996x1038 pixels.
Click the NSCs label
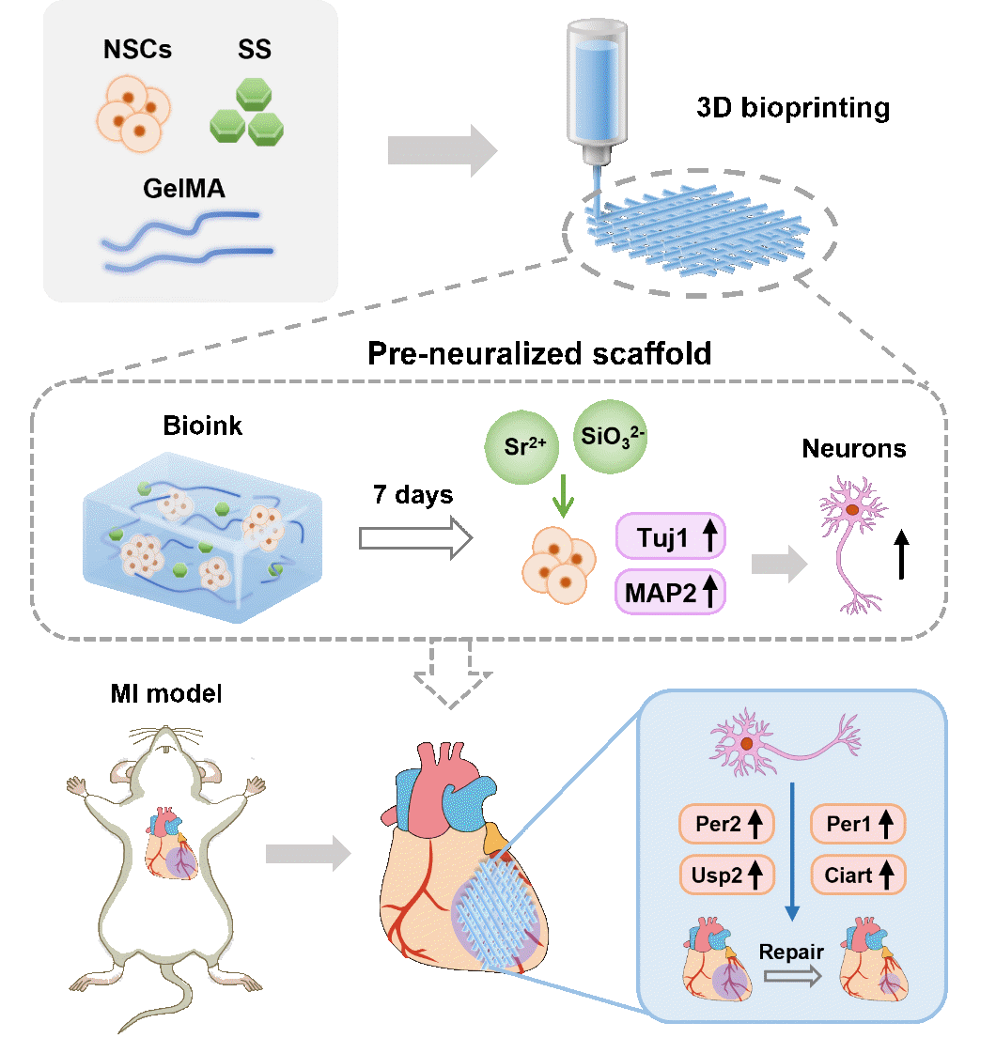pyautogui.click(x=138, y=50)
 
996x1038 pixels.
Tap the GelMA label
pyautogui.click(x=184, y=191)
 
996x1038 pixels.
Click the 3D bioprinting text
pyautogui.click(x=792, y=108)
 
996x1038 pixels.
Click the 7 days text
pyautogui.click(x=413, y=494)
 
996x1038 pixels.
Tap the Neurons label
pyautogui.click(x=853, y=449)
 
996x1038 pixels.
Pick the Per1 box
pyautogui.click(x=857, y=826)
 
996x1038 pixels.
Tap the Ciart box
pyautogui.click(x=857, y=875)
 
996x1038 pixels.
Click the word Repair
pyautogui.click(x=791, y=951)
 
